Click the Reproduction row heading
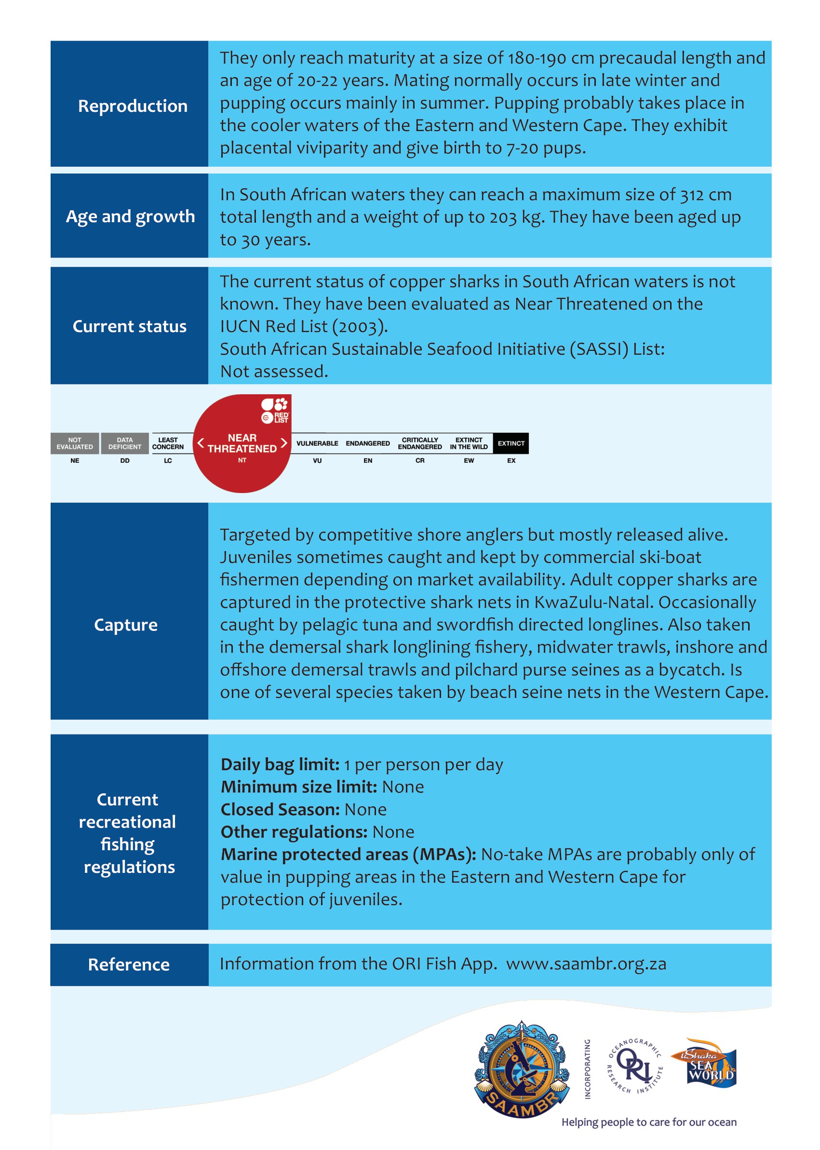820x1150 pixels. pos(132,106)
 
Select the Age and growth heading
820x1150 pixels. pos(130,216)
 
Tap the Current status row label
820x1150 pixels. pos(129,327)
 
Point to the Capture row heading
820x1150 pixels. pos(126,625)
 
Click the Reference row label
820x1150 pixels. pos(129,965)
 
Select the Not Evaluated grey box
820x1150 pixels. pos(75,443)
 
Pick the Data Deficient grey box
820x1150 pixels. pos(125,443)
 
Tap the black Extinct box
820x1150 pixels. pos(511,443)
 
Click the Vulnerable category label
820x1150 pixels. pos(317,443)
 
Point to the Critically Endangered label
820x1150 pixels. pos(419,443)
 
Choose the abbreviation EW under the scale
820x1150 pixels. pos(469,460)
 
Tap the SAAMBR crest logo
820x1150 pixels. pos(522,1069)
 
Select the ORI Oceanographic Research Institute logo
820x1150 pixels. pos(634,1065)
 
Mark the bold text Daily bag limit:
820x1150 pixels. pos(280,765)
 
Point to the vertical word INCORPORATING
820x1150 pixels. pos(587,1069)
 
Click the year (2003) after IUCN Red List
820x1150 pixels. pos(360,327)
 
